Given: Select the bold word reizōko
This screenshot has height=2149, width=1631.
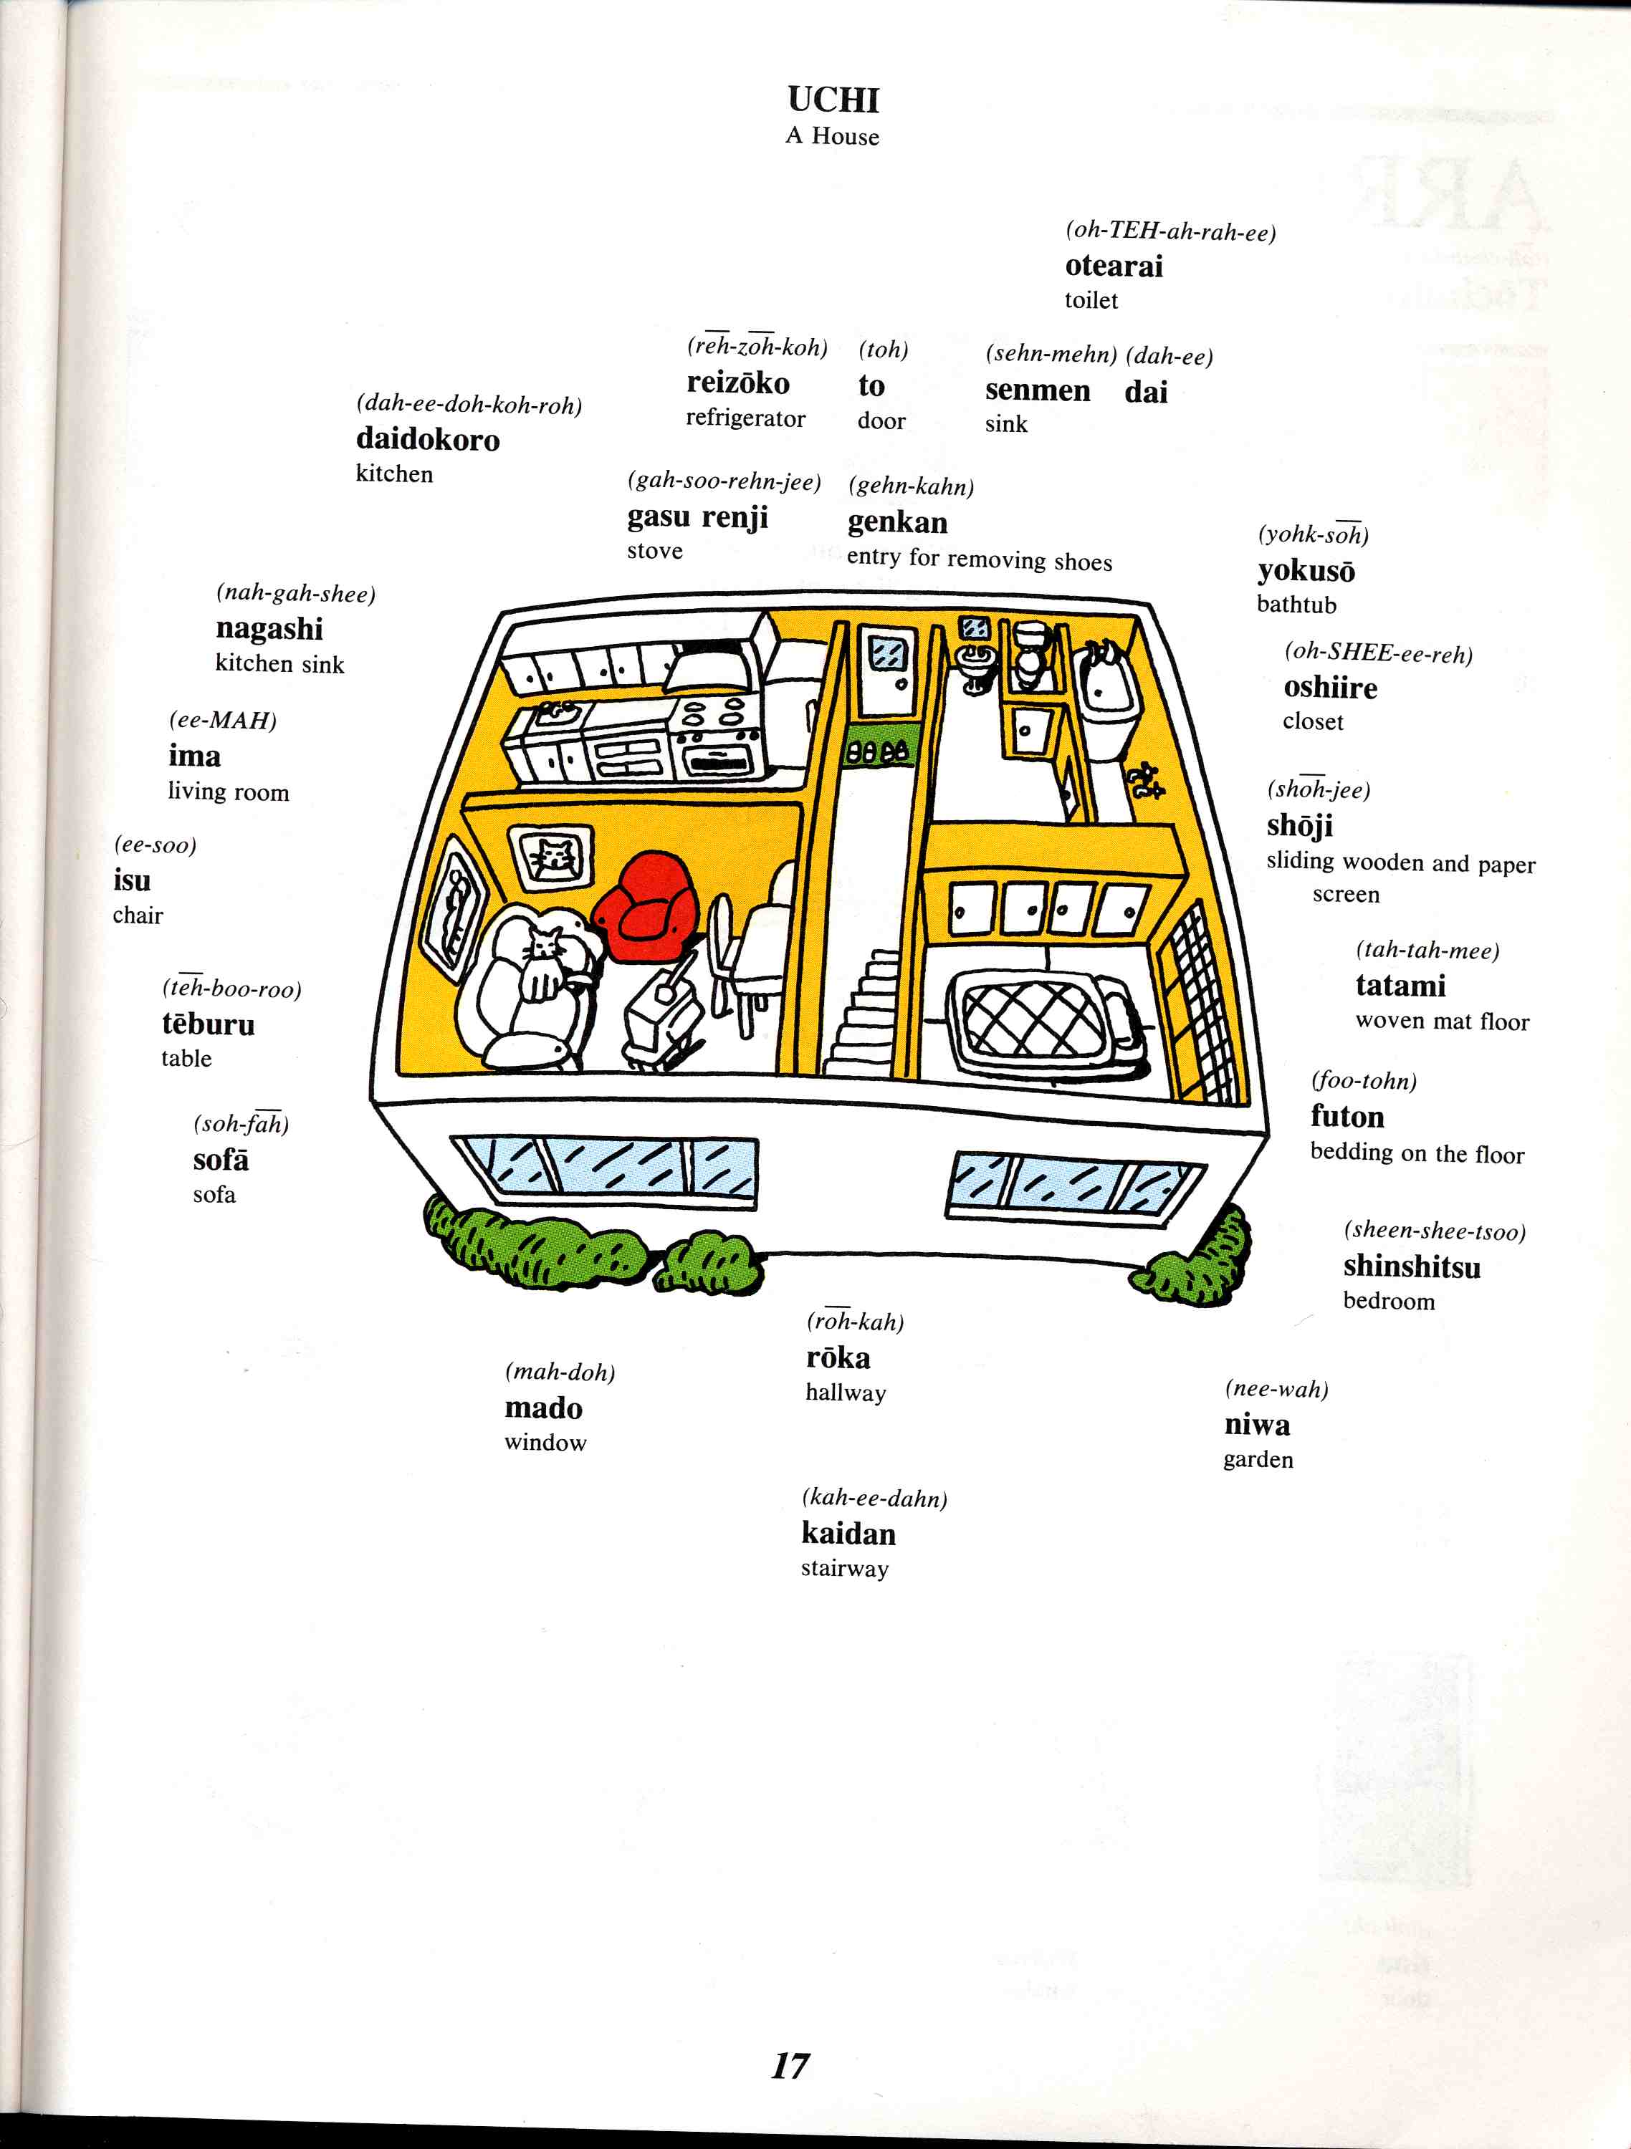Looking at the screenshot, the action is (737, 383).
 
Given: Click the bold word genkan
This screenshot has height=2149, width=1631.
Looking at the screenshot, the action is (897, 523).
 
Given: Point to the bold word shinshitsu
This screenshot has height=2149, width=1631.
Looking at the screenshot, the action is (1411, 1267).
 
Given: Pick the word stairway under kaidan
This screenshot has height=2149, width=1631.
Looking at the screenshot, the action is (845, 1569).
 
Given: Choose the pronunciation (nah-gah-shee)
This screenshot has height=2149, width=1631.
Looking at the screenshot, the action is (295, 594).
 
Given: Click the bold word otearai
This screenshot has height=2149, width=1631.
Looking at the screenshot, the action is (1114, 266).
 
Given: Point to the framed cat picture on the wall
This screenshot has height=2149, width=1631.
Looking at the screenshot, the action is (551, 858).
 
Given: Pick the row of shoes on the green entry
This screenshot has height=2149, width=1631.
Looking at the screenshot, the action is (879, 751).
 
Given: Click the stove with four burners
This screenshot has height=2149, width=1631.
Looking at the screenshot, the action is (720, 739).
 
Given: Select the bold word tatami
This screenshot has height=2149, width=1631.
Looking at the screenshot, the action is (1401, 986).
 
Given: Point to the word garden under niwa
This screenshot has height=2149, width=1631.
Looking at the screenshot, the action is (1258, 1460).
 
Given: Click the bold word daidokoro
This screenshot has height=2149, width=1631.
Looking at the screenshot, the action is (428, 439).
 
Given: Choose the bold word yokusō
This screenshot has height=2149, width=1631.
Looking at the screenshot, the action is (1306, 571).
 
